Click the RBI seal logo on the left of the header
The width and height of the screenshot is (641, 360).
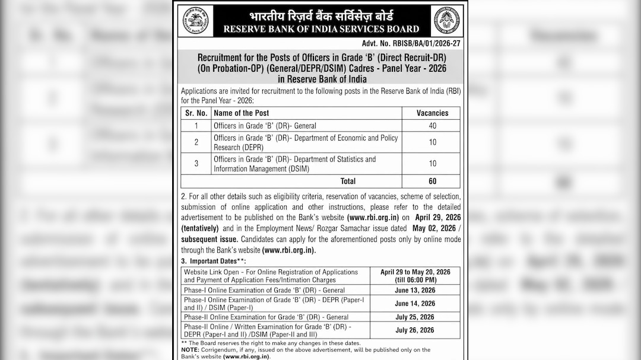tap(195, 21)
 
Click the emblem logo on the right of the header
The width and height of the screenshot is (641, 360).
tap(446, 21)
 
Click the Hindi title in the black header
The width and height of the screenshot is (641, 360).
tap(320, 15)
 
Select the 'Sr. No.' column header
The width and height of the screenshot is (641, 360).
tap(196, 113)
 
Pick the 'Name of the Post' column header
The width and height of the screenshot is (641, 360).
tap(241, 113)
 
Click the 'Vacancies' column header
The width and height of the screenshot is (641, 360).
tap(432, 113)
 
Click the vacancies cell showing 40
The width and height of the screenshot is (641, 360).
tap(432, 126)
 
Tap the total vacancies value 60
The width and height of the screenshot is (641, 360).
tap(432, 181)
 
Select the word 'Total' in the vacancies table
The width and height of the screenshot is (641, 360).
tap(348, 181)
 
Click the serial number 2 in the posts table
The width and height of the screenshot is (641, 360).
tap(196, 142)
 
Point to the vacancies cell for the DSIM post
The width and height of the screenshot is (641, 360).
tap(432, 164)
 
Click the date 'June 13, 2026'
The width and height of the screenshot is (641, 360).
tap(415, 290)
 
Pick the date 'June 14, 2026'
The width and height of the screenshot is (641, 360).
tap(415, 304)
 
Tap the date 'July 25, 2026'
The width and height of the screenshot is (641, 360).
tap(415, 317)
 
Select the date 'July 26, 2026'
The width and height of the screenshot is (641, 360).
tap(415, 330)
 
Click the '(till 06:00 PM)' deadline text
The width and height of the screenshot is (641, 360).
tap(415, 280)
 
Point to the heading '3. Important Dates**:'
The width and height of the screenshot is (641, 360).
tap(214, 261)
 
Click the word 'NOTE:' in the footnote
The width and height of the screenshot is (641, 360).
tap(191, 350)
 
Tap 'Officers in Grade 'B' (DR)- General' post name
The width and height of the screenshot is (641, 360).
tap(265, 126)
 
